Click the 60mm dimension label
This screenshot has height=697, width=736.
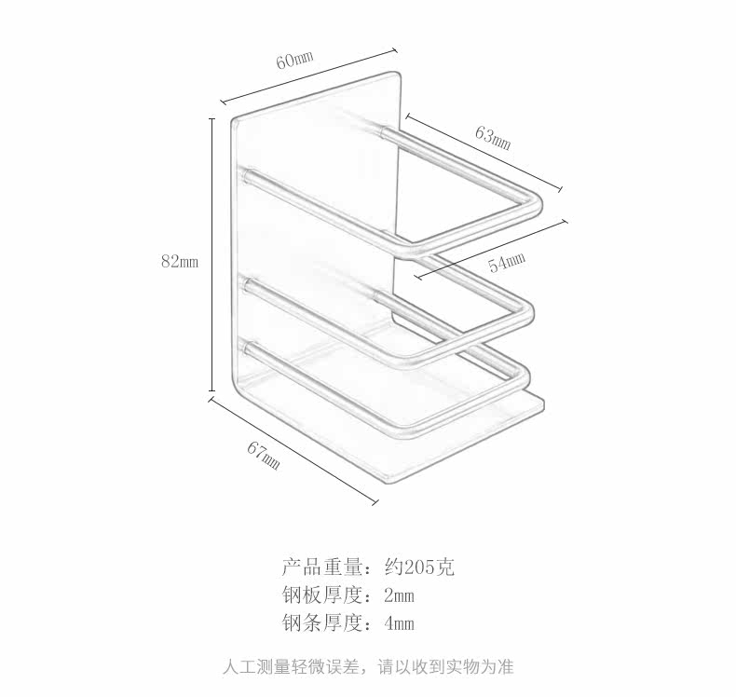294,60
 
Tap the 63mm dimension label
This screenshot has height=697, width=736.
493,138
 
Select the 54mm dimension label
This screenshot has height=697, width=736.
507,262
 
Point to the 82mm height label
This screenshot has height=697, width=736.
180,262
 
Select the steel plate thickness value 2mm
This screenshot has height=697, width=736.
399,595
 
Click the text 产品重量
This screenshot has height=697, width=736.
321,567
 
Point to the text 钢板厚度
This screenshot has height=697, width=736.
321,595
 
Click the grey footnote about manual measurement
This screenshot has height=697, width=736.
368,667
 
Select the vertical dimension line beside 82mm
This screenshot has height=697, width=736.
212,256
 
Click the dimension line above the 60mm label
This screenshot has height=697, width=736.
308,77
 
